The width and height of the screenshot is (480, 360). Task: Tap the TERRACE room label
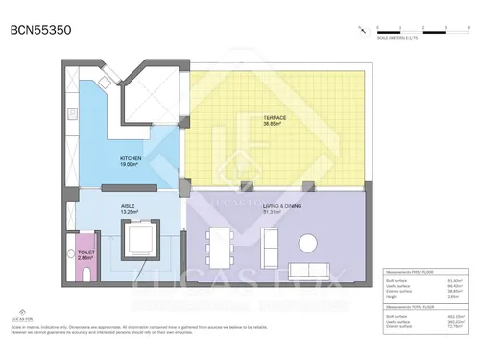(x=276, y=118)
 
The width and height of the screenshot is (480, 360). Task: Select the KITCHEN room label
(x=132, y=158)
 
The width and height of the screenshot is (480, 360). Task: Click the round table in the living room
(x=311, y=242)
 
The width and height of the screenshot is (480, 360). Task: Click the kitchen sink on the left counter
(x=71, y=112)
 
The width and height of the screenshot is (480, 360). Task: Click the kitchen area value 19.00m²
(x=132, y=165)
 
